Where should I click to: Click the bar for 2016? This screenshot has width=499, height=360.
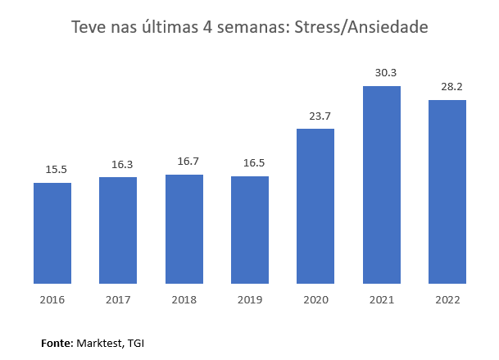coord(52,234)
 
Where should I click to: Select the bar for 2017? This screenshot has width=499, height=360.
coord(118,231)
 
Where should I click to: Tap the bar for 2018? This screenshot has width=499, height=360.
coord(184,230)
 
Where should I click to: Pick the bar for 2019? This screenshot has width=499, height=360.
coord(250,230)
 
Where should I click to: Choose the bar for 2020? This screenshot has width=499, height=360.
coord(315,207)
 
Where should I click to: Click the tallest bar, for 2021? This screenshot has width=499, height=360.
coord(381,185)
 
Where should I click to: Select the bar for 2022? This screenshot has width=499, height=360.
coord(447,193)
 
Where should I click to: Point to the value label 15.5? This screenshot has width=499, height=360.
coord(57,170)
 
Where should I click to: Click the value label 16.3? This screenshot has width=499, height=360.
coord(122,165)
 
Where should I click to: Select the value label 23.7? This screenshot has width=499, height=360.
coord(320,116)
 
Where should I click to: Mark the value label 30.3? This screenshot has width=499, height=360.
coord(386,73)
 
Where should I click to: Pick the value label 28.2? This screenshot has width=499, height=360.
coord(451,87)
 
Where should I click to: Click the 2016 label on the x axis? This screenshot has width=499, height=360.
coord(52,299)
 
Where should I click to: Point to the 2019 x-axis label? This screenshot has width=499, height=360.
coord(250,299)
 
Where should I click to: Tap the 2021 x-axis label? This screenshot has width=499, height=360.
coord(381,299)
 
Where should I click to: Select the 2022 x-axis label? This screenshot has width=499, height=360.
coord(447,299)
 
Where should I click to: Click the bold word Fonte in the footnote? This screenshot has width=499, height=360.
coord(57,342)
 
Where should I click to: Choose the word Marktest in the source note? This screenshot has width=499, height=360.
coord(99,342)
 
